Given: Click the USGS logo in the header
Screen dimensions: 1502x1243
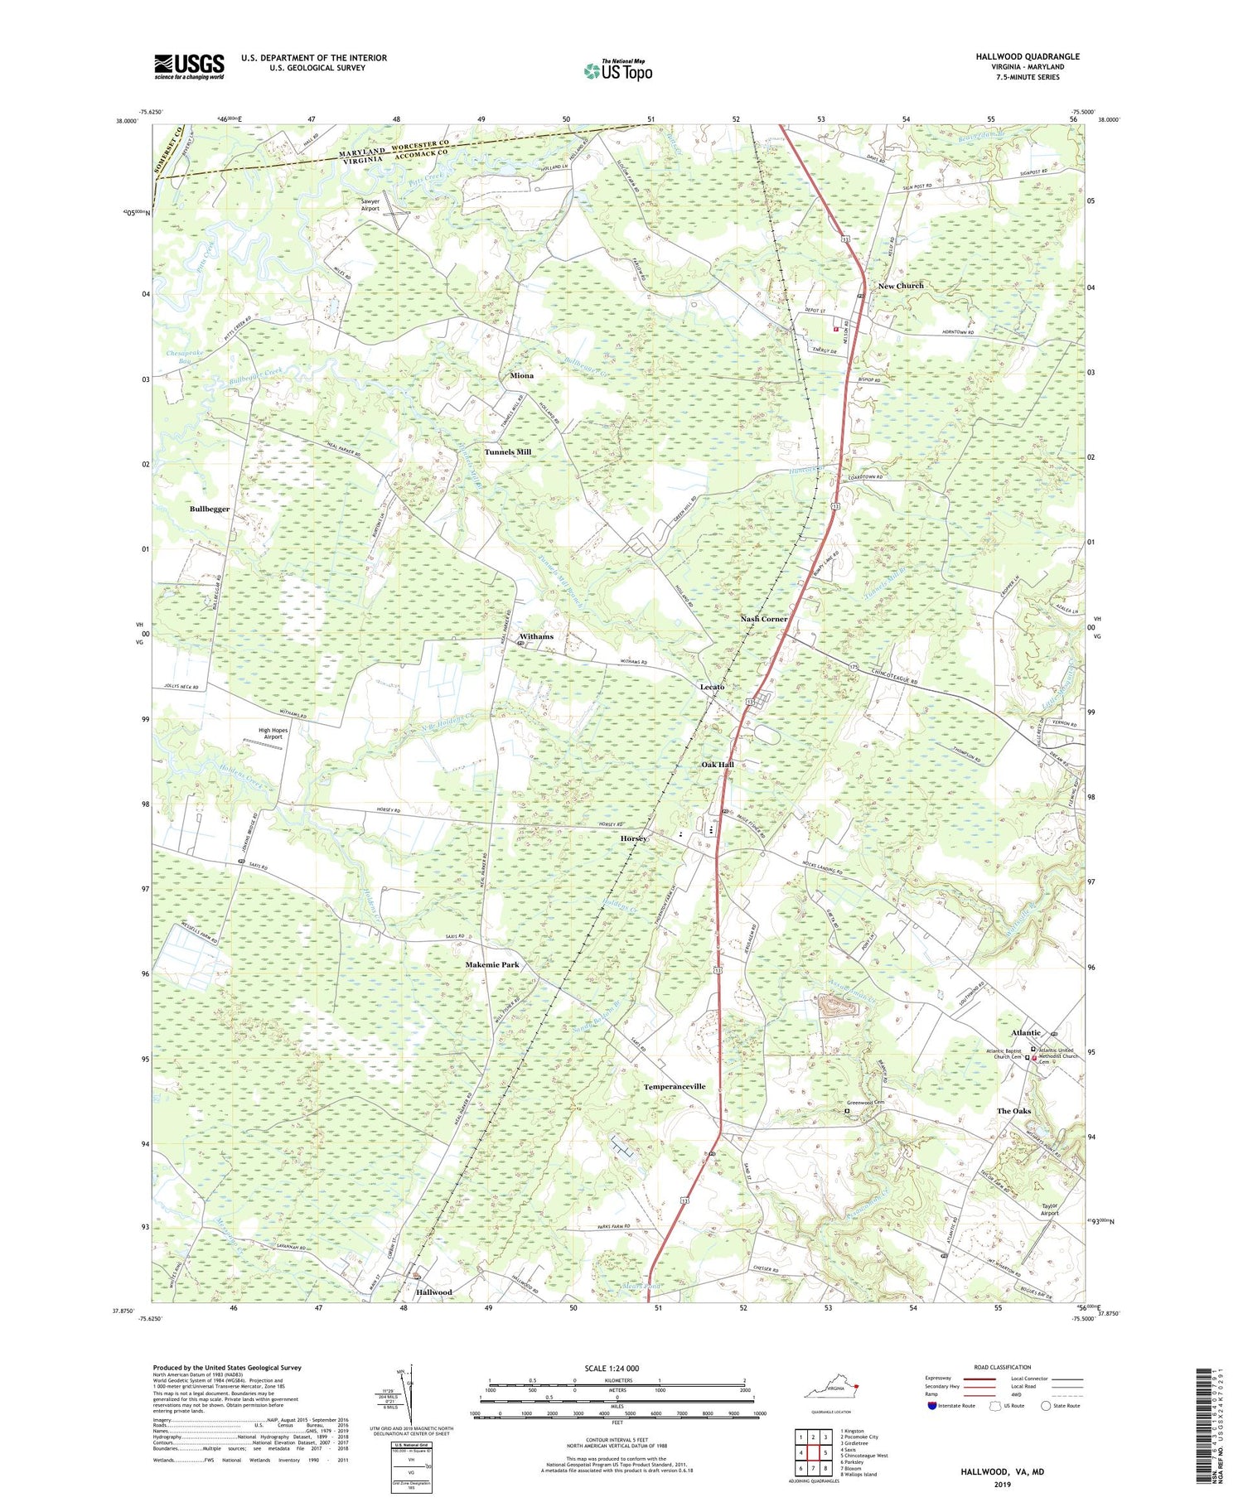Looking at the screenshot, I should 189,65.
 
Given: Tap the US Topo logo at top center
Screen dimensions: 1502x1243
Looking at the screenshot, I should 618,70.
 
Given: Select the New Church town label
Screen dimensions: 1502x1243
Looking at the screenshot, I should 901,286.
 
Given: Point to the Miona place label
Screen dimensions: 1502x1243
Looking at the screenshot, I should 522,375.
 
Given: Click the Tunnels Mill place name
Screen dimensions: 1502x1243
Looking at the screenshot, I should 508,452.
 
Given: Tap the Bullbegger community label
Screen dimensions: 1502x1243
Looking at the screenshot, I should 210,509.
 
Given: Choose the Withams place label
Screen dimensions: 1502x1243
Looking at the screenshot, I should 536,636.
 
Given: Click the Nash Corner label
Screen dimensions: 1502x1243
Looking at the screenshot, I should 764,619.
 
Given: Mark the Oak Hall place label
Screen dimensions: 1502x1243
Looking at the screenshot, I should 718,765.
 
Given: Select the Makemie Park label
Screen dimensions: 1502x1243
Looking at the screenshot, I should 492,965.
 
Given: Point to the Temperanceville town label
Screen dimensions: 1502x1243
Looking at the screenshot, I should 675,1086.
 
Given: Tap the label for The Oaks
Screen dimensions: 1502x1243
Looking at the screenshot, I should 1013,1111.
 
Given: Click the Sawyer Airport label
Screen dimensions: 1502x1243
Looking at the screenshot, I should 370,205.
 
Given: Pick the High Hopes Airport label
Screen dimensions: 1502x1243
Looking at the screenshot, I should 273,732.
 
